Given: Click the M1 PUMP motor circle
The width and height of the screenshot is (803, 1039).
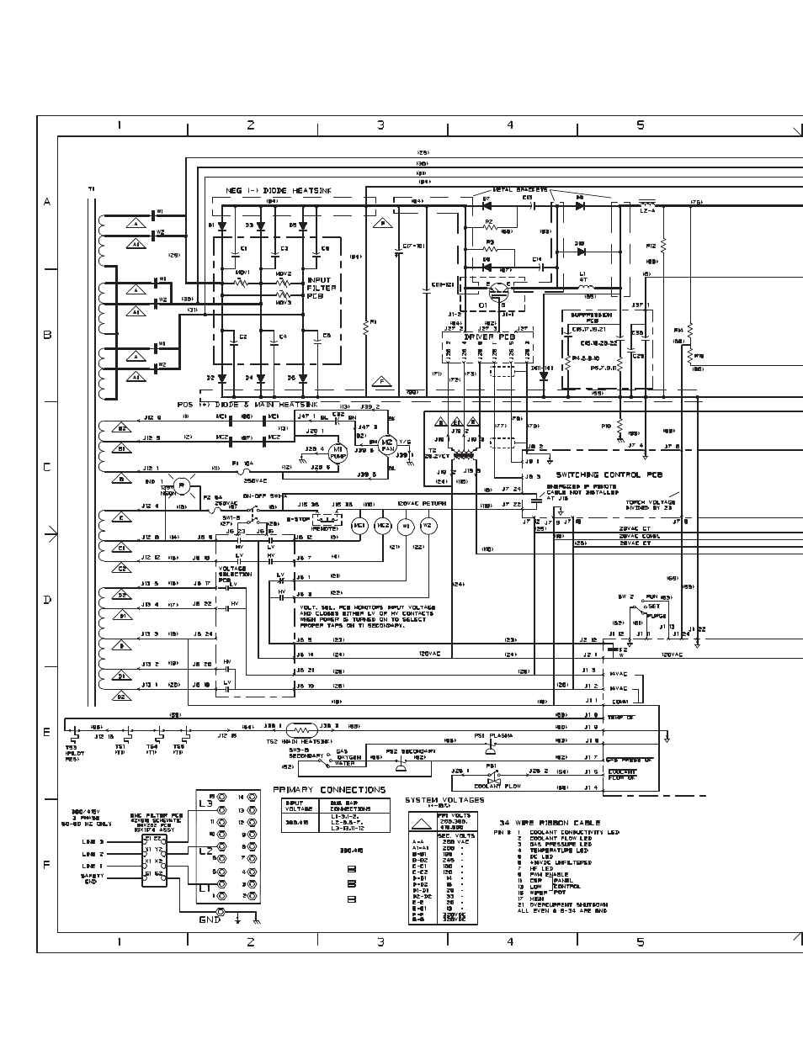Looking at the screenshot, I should (x=337, y=453).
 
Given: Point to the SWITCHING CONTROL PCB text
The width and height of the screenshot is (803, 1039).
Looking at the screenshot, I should (x=609, y=474).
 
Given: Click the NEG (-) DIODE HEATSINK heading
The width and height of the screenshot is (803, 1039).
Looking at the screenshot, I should (x=279, y=191).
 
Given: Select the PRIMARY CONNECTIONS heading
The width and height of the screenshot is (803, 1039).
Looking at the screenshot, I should (x=329, y=790).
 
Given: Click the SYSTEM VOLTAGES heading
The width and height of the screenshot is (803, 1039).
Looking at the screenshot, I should (x=444, y=800).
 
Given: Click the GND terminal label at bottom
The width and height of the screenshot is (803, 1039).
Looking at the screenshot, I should (x=210, y=920).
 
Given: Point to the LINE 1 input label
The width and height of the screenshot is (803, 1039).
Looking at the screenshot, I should (x=93, y=866).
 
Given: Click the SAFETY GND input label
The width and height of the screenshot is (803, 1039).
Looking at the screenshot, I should (x=90, y=879).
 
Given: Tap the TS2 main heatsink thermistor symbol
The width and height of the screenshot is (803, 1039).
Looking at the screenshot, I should (x=301, y=729).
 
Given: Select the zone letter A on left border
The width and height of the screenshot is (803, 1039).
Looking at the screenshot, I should (x=47, y=202).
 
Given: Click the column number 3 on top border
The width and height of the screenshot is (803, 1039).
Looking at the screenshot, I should (x=380, y=125).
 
